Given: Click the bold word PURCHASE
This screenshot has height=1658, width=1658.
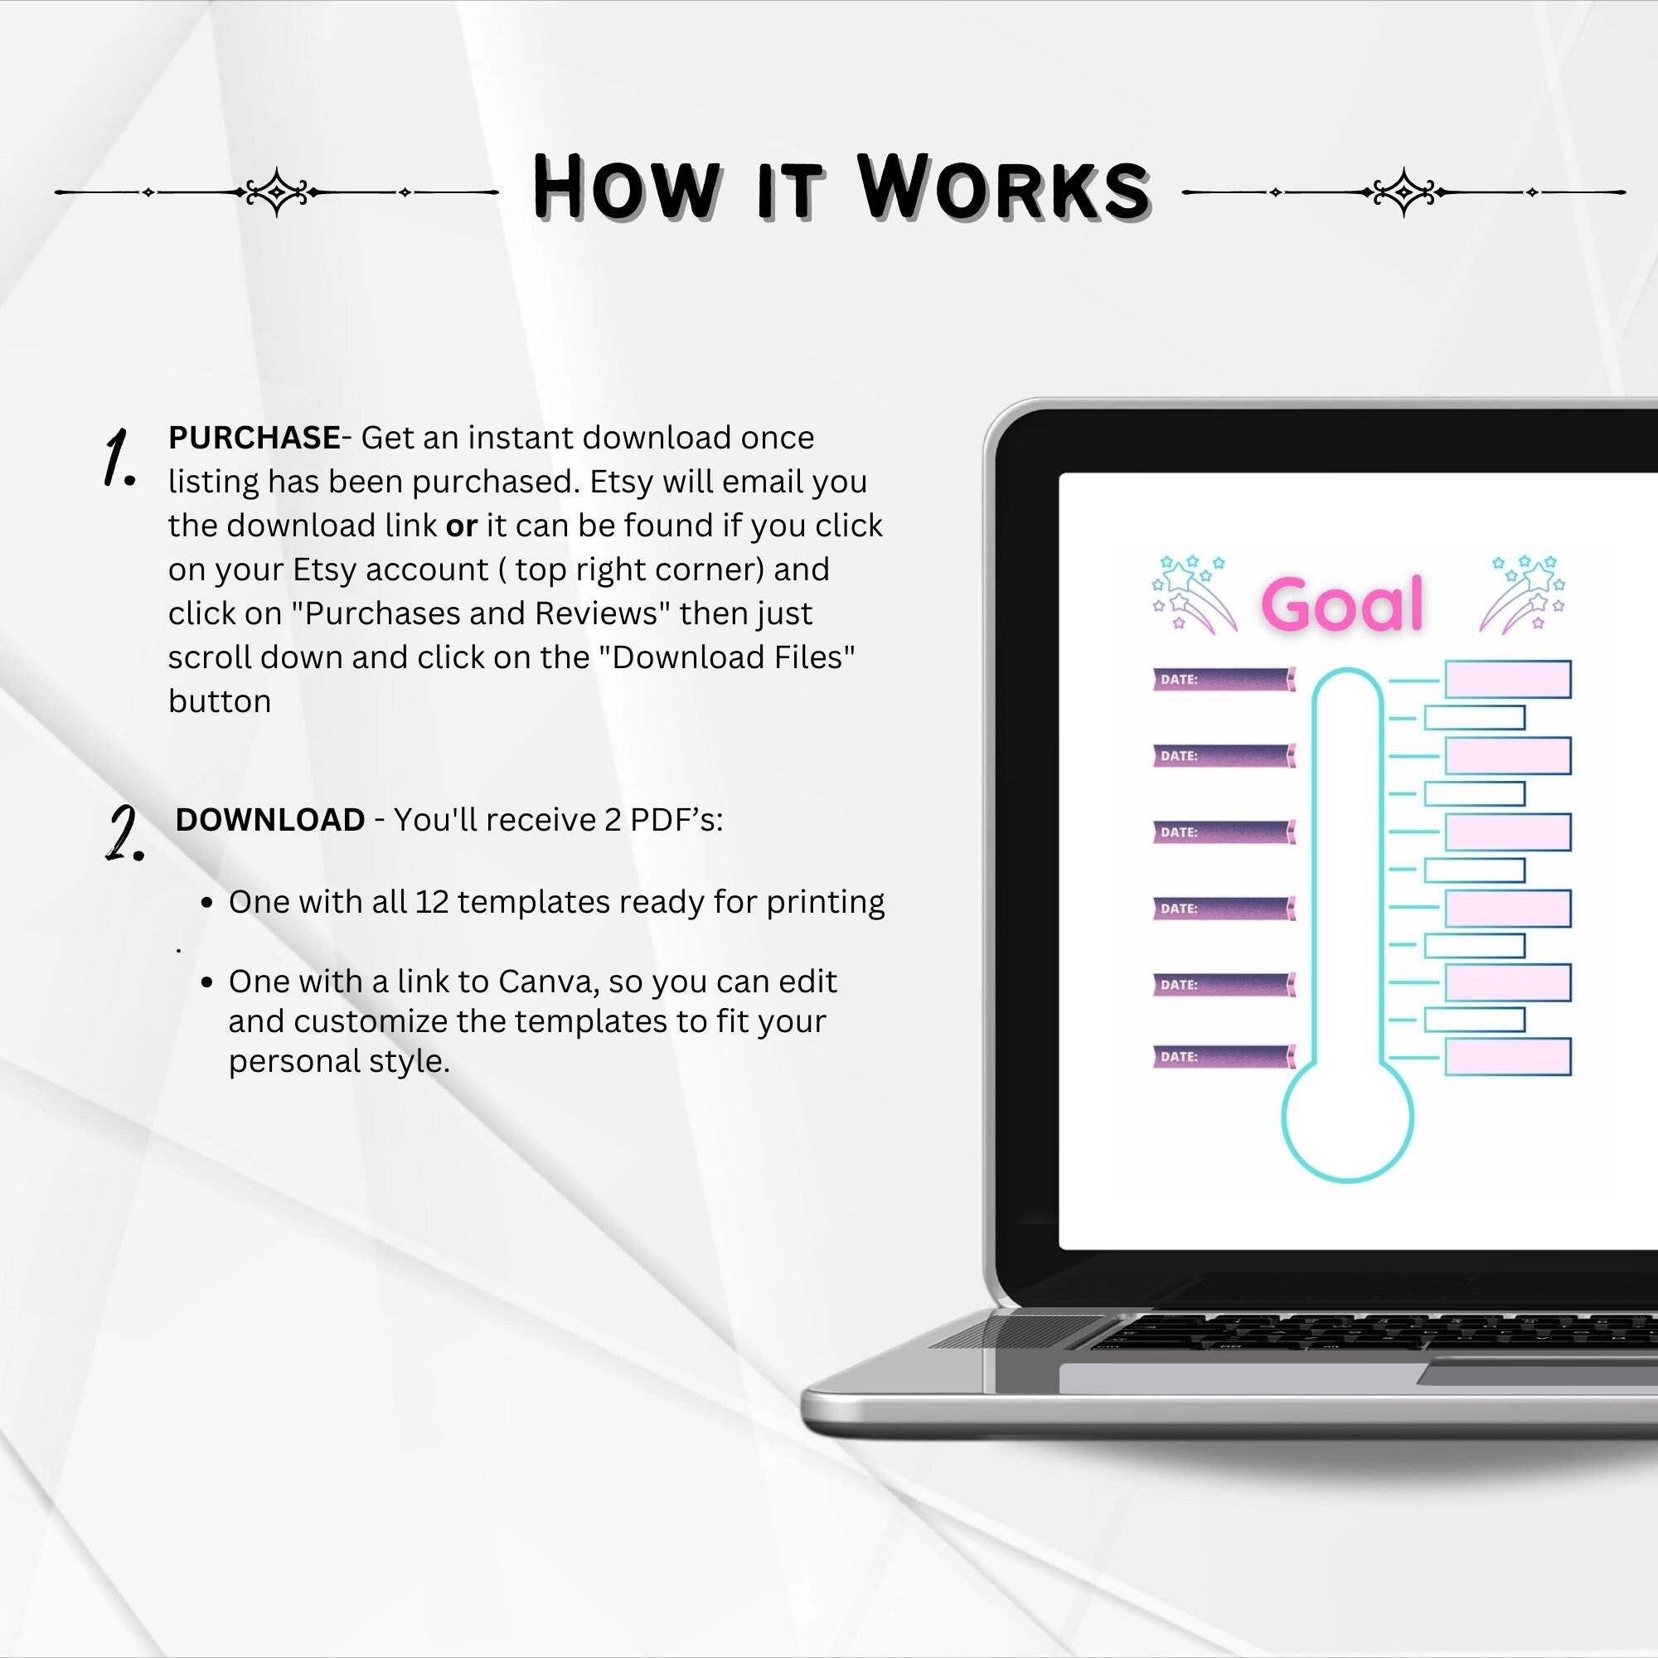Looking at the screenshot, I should pyautogui.click(x=254, y=438).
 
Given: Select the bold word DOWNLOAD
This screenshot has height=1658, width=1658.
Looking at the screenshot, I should pyautogui.click(x=270, y=820).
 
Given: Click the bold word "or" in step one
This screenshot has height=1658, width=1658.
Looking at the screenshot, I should pyautogui.click(x=461, y=526).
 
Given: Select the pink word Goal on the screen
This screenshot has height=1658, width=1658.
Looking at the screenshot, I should pyautogui.click(x=1342, y=604).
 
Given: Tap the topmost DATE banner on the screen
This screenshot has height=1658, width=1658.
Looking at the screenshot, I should pyautogui.click(x=1223, y=680).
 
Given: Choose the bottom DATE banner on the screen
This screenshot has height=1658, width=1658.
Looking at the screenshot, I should pyautogui.click(x=1223, y=1056).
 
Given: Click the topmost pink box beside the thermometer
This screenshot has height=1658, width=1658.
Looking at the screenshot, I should pyautogui.click(x=1508, y=680).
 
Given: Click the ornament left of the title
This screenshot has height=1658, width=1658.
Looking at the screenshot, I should pyautogui.click(x=276, y=192).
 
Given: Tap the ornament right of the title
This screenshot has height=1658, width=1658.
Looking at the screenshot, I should pyautogui.click(x=1404, y=192).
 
